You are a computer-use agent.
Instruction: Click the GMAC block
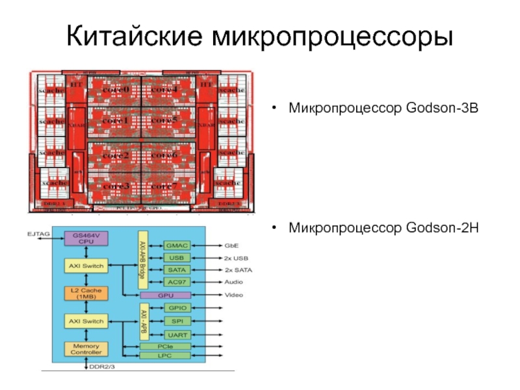coord(177,246)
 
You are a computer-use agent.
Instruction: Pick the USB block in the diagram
coord(177,257)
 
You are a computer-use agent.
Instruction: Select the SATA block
coord(177,269)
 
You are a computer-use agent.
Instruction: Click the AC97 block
coord(177,281)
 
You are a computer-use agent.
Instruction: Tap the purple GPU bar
coord(166,294)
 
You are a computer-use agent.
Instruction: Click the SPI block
coord(177,321)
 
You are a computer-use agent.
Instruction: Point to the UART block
coord(177,335)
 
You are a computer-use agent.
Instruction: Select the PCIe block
coord(166,346)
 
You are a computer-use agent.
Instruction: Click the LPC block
coord(166,356)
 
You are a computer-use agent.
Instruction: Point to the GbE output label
coord(232,246)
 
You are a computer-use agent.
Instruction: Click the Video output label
coord(234,294)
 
